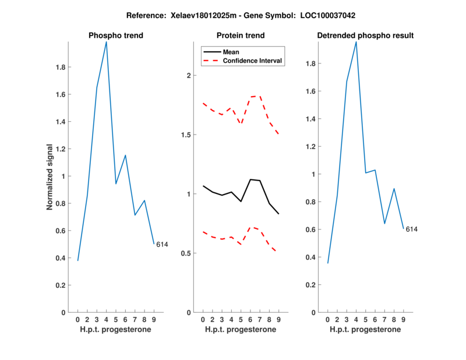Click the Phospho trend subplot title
click(x=115, y=36)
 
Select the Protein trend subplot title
click(x=245, y=36)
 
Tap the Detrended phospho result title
click(x=365, y=36)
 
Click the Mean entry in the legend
click(x=231, y=52)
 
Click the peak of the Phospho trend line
click(x=106, y=42)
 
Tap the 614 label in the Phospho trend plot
click(x=162, y=245)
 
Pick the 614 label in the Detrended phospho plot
click(x=412, y=230)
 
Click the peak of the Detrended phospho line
click(x=356, y=42)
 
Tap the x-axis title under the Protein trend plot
click(x=241, y=330)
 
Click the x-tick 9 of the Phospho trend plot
click(x=154, y=319)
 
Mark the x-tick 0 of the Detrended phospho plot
click(x=327, y=319)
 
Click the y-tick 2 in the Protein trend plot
click(x=188, y=76)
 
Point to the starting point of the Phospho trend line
click(x=78, y=260)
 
